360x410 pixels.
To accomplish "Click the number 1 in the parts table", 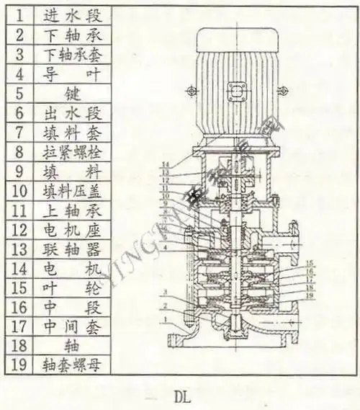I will (x=21, y=14).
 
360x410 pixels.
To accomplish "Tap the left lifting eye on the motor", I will (x=191, y=91).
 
